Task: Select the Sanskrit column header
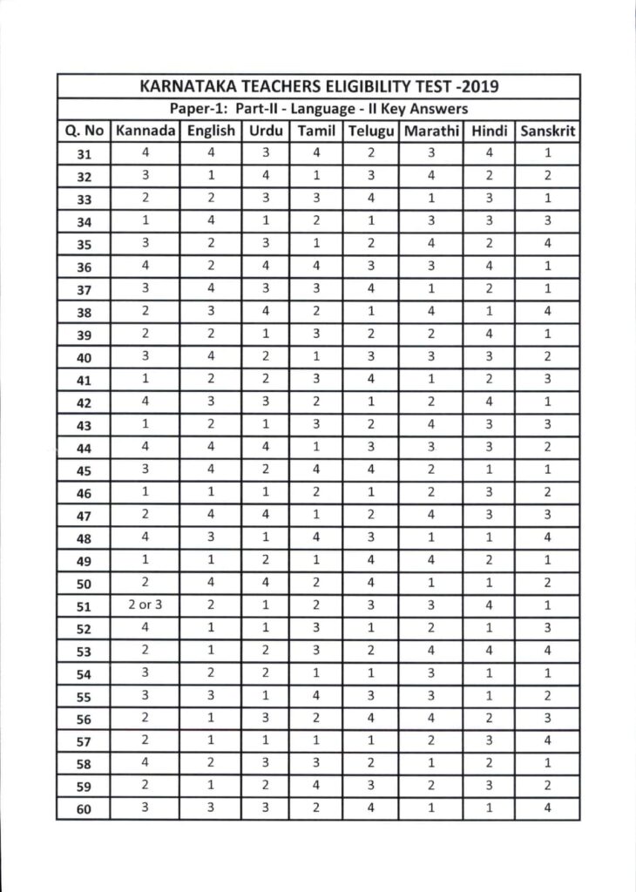[547, 132]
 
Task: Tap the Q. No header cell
[84, 132]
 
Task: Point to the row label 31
[84, 155]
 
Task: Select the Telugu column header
[372, 132]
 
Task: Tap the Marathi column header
[431, 132]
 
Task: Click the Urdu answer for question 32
[265, 176]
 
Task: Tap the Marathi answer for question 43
[431, 424]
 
